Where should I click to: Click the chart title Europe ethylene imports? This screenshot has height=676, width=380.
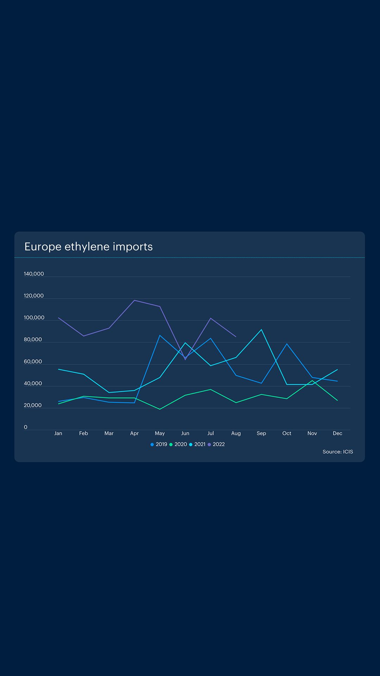click(x=88, y=246)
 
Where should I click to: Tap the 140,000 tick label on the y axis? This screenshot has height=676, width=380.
click(x=34, y=274)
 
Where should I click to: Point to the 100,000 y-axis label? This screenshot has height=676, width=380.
click(x=34, y=318)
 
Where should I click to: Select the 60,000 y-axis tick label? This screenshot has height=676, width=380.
click(x=33, y=362)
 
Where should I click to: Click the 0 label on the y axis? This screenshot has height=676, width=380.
click(x=25, y=427)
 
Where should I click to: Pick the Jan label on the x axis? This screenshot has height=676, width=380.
click(x=58, y=433)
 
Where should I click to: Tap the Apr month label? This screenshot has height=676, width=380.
click(x=134, y=433)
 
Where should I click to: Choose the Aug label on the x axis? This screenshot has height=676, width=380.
click(x=236, y=433)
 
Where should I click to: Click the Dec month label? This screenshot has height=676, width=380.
click(x=337, y=433)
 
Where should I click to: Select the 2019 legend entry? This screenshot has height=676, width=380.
click(x=159, y=444)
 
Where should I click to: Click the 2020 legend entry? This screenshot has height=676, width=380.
click(x=178, y=444)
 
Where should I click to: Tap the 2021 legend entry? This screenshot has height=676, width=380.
click(x=197, y=444)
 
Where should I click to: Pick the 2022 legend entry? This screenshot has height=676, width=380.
click(x=216, y=444)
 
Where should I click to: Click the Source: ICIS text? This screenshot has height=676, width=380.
click(x=338, y=452)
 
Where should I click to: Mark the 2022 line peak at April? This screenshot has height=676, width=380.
click(x=134, y=300)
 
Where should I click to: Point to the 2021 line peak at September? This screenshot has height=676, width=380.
click(x=261, y=330)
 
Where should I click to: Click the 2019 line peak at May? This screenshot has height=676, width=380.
click(x=160, y=335)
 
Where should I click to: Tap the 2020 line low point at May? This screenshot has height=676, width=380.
click(x=160, y=409)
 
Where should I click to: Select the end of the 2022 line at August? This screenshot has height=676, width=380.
click(x=236, y=337)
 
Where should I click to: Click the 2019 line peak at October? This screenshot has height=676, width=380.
click(x=287, y=344)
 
